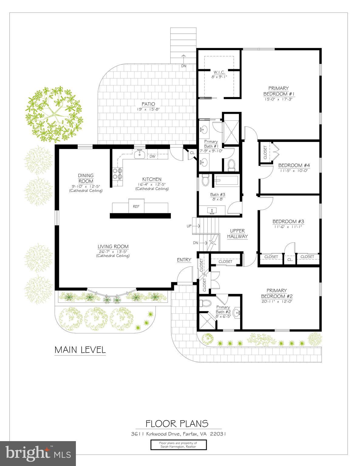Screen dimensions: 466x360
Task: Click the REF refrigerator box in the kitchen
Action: (x=136, y=206)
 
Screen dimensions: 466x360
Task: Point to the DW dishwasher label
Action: (x=152, y=157)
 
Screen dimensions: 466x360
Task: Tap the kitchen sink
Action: (x=140, y=154)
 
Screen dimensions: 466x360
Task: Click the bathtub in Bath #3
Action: (x=226, y=181)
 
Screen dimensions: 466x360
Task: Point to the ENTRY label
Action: (x=184, y=260)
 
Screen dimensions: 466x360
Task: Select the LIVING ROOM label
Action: (x=113, y=247)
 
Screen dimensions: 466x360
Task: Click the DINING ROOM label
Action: (x=86, y=178)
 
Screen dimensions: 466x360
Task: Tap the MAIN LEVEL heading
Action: (x=80, y=350)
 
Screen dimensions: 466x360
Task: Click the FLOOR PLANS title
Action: (x=177, y=423)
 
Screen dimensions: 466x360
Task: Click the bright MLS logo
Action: (x=38, y=454)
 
